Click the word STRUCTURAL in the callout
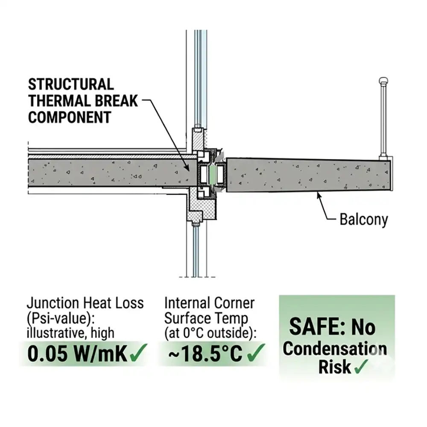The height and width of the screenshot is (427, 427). tap(71, 85)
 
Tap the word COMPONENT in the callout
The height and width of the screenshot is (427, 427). tap(70, 117)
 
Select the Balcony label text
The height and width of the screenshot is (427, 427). tap(363, 219)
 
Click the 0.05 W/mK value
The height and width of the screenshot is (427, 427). tap(77, 354)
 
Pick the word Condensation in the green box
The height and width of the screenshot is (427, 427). tap(334, 348)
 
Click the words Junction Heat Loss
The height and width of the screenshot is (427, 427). tap(85, 303)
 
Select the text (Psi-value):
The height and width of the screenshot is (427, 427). tap(61, 318)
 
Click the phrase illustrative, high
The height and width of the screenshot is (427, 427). tap(70, 333)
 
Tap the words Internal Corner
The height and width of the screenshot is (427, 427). tap(209, 303)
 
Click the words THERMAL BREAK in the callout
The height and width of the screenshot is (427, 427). tap(83, 101)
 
